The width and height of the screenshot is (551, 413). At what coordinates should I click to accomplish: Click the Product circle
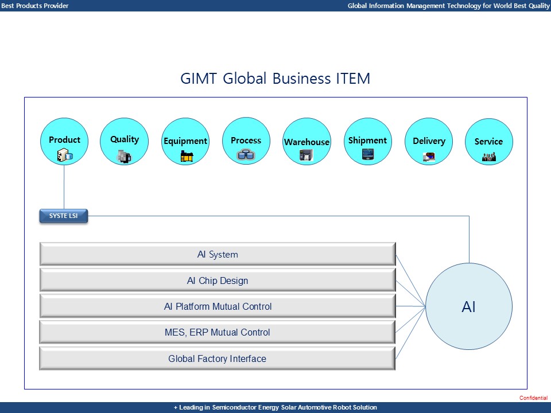64,141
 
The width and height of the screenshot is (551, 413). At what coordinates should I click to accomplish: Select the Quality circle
124,141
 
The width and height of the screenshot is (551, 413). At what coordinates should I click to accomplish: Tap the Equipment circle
185,141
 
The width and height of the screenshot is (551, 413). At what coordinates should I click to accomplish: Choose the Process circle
246,141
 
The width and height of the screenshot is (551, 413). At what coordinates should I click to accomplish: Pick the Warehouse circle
307,142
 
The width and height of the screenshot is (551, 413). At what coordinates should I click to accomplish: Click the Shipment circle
367,141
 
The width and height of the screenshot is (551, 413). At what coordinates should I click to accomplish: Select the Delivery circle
429,141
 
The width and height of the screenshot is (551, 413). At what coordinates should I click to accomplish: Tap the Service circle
488,141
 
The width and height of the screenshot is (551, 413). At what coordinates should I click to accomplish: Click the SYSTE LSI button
63,216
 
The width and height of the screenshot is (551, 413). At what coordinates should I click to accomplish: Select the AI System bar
217,254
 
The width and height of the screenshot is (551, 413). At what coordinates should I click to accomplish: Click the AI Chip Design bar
217,280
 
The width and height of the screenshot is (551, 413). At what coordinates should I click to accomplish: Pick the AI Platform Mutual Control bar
217,306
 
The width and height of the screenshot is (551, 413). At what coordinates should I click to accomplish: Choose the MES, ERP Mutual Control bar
217,332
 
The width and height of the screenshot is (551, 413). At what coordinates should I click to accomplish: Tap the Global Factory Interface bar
217,359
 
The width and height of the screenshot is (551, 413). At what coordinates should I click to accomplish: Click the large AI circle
469,307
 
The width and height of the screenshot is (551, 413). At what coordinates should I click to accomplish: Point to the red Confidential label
533,398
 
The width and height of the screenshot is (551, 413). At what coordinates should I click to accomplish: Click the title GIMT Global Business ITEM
275,79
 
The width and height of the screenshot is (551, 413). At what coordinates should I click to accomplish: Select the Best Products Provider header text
34,6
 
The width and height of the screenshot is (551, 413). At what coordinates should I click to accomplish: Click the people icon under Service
488,157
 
